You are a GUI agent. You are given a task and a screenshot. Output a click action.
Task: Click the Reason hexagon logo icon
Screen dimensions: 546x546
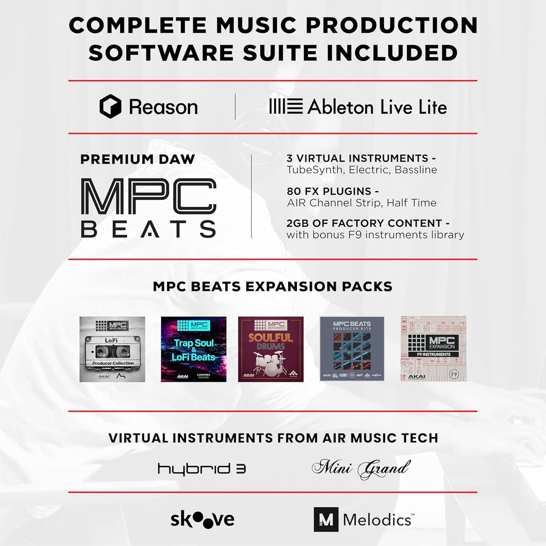click(110, 107)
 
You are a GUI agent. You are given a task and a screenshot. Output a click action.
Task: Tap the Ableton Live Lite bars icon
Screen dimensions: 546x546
click(286, 106)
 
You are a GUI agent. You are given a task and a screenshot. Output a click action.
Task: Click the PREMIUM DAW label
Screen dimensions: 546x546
click(138, 159)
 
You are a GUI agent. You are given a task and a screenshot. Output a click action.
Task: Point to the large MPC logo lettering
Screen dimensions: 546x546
click(148, 196)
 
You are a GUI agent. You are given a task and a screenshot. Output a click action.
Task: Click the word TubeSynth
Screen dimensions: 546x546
click(315, 170)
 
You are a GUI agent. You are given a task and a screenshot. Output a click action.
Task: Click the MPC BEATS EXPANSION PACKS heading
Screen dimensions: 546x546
click(272, 286)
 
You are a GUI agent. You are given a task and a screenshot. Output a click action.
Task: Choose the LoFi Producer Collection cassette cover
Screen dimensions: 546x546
click(112, 349)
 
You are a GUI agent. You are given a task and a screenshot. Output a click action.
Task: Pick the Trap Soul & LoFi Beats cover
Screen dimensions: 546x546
click(193, 349)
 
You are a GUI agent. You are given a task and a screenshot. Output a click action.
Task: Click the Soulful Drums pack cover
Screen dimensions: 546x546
click(271, 349)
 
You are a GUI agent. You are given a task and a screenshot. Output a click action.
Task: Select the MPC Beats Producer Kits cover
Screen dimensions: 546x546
click(352, 349)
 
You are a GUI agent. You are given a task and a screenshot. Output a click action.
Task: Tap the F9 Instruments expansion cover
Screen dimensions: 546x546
click(433, 349)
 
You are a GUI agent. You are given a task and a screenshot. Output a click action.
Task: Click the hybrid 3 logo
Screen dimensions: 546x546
click(202, 469)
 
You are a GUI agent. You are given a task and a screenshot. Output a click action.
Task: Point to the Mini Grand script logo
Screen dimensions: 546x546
click(361, 469)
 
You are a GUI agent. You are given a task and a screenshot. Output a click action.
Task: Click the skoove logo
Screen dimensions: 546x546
click(202, 520)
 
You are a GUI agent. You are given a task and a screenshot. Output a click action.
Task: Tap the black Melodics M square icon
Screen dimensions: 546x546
click(326, 520)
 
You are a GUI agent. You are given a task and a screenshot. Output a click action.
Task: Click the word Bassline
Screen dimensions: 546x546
click(416, 170)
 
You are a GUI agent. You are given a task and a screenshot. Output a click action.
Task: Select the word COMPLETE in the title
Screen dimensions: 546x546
click(138, 26)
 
